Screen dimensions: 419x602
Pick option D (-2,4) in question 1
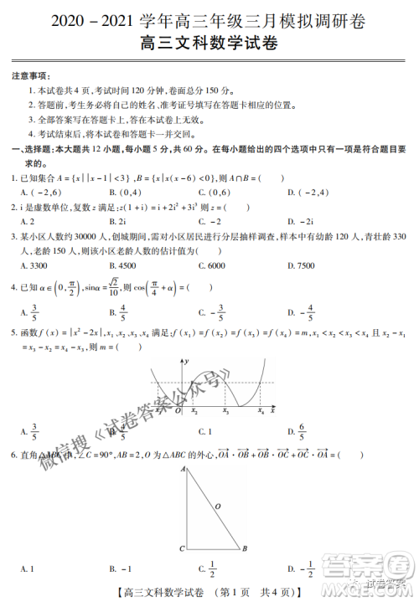pyautogui.click(x=304, y=193)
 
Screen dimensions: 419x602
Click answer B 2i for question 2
pyautogui.click(x=117, y=221)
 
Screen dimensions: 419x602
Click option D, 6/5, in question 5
pyautogui.click(x=303, y=432)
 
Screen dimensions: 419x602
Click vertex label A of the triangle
pyautogui.click(x=182, y=471)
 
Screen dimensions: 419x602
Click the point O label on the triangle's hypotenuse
pyautogui.click(x=218, y=506)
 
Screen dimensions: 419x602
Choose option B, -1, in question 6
pyautogui.click(x=122, y=570)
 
